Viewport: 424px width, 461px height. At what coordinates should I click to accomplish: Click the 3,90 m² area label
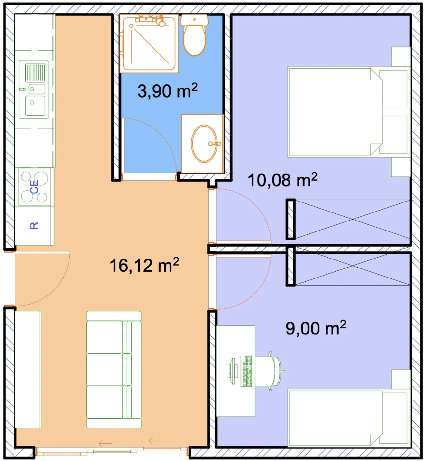pos(167,91)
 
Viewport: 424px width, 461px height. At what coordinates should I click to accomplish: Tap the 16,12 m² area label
pos(144,265)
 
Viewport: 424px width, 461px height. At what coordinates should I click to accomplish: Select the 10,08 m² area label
pos(283,180)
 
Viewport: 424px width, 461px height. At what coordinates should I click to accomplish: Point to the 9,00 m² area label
pos(316,328)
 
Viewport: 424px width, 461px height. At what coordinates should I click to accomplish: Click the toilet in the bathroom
pos(195,35)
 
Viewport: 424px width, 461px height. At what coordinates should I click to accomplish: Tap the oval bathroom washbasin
pos(204,144)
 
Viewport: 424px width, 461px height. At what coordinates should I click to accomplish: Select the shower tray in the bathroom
pos(149,43)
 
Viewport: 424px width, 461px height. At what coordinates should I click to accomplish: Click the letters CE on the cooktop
pos(34,187)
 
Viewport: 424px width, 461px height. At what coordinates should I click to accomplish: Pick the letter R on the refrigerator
pos(34,225)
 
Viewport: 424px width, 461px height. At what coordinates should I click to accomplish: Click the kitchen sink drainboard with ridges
pos(35,73)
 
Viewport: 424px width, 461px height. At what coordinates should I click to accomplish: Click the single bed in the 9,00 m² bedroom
pos(349,418)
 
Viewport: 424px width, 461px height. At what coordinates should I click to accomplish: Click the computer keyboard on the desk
pos(246,371)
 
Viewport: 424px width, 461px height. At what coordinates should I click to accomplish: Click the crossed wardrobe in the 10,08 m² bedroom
pos(352,219)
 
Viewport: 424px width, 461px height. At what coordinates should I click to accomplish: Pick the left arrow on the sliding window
pos(106,443)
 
